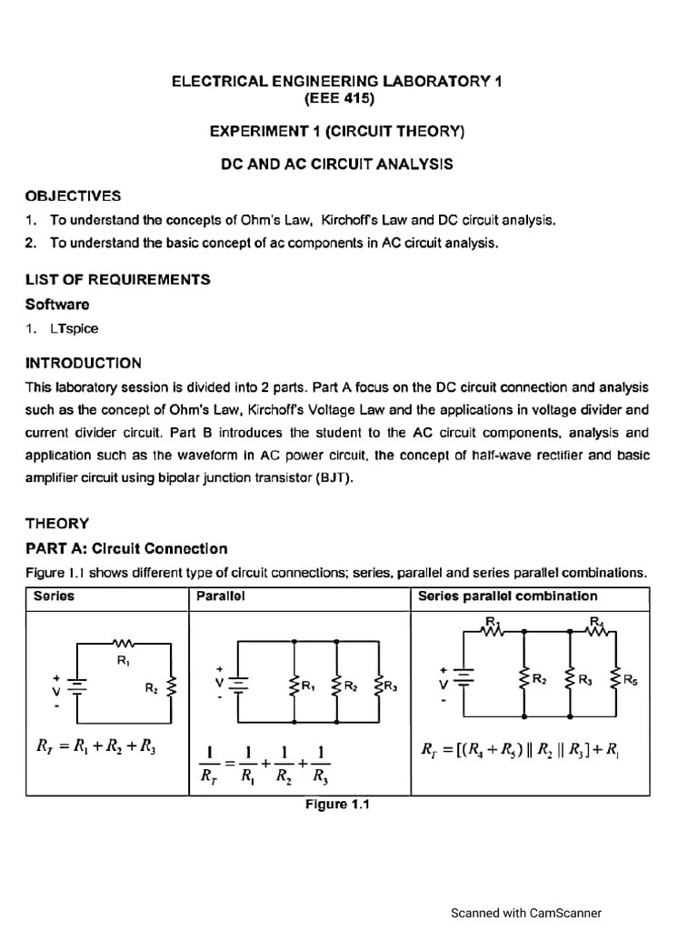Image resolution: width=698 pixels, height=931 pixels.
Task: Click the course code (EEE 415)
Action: point(336,98)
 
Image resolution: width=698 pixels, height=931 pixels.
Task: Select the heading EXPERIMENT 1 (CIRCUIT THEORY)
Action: point(336,132)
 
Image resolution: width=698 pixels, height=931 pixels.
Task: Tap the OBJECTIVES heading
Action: point(73,196)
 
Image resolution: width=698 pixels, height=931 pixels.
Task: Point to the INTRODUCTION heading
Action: point(84,363)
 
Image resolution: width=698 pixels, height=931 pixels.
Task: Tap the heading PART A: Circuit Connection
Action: point(126,549)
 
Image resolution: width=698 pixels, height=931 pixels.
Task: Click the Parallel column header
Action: point(218,596)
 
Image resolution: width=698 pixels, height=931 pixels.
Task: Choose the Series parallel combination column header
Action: point(507,596)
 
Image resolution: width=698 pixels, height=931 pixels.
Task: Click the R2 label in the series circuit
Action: point(151,689)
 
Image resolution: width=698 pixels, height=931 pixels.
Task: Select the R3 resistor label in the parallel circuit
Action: point(390,686)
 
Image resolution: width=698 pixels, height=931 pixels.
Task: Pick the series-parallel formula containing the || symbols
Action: point(520,750)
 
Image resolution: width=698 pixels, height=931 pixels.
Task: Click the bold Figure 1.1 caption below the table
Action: point(338,804)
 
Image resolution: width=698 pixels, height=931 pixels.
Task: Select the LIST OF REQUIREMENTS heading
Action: point(117,279)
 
